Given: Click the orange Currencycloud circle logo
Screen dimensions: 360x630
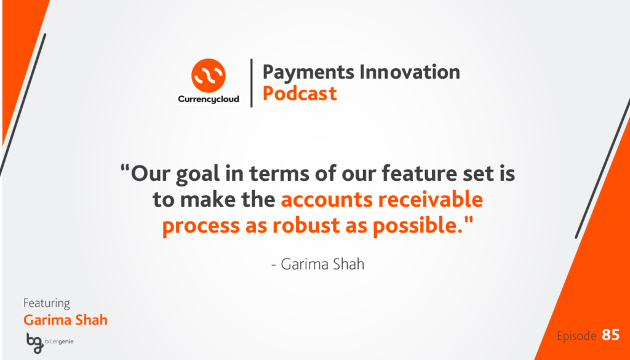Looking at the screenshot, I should point(209,76).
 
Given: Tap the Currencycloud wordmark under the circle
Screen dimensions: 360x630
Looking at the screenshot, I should point(209,98).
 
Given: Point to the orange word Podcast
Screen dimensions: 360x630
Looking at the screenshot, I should point(300,93).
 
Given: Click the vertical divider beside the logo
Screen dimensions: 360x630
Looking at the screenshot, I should point(251,83).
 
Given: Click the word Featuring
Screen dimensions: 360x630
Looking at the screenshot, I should point(47,303).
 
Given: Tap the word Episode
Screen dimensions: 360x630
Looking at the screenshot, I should point(576,336).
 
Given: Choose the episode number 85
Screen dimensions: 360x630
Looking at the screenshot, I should point(610,335).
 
